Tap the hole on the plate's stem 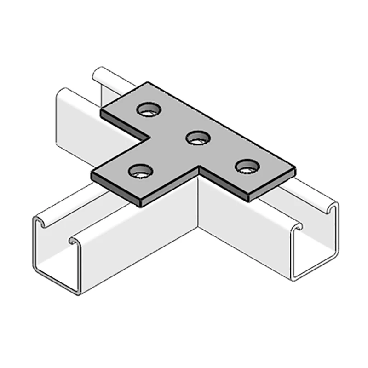click(140, 172)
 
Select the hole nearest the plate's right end click(247, 165)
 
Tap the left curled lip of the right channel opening click(299, 227)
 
